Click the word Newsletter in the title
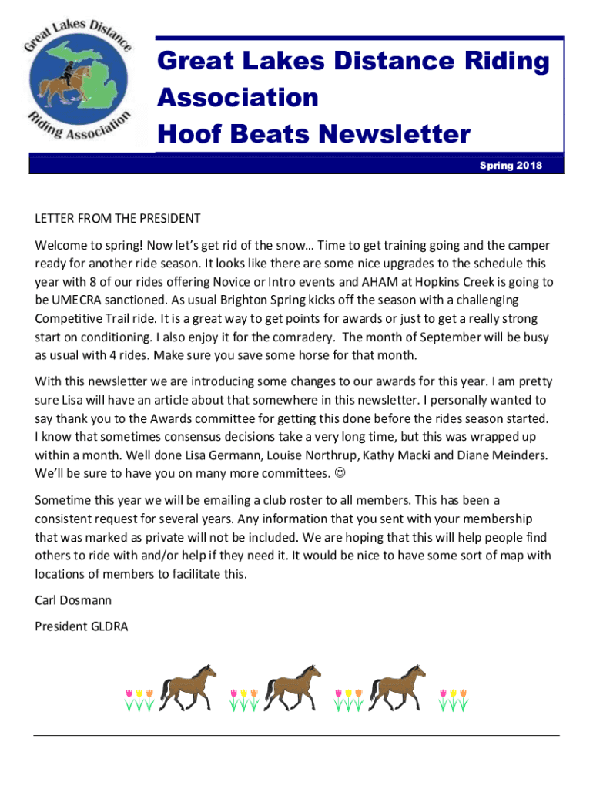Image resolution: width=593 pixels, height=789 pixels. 391,135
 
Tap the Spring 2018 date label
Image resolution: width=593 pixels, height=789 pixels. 511,165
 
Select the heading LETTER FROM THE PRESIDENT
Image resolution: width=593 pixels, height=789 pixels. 118,219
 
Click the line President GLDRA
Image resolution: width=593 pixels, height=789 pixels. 82,626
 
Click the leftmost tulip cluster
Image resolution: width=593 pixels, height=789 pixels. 139,700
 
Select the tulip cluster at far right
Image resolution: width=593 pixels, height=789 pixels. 454,700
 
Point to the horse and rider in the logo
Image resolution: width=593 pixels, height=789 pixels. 61,81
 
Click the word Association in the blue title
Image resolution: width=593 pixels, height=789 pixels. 238,98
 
